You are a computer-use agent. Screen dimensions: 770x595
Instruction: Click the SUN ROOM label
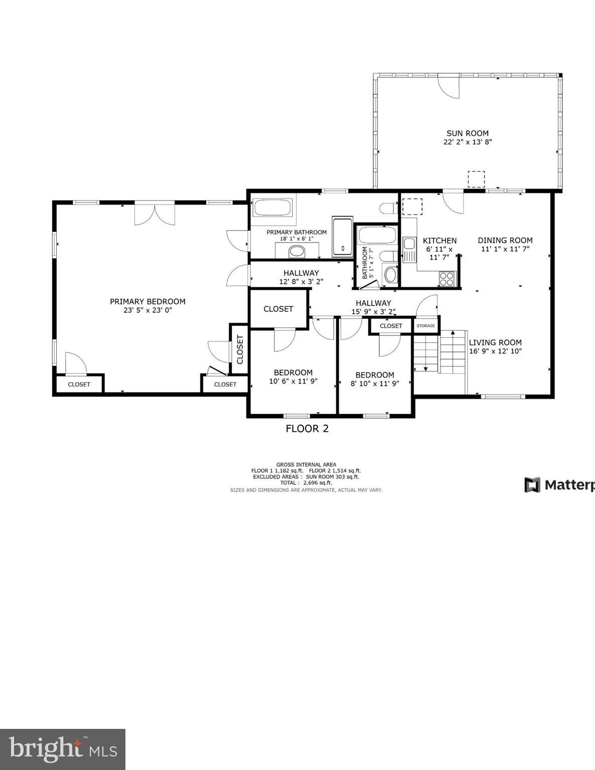coord(467,133)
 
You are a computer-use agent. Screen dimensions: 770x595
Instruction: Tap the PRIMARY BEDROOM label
coord(147,301)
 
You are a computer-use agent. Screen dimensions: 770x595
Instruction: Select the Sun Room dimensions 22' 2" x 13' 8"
coord(467,142)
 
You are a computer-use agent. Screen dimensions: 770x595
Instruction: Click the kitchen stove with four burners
coord(447,278)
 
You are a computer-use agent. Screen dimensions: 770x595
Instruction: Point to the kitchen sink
coord(409,244)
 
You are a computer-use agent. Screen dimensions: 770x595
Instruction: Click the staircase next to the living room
coord(439,352)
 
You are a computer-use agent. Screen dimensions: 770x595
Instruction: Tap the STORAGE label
coord(425,326)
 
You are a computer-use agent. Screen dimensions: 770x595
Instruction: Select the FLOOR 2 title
coord(307,429)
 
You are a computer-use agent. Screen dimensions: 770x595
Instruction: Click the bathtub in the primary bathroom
coord(272,208)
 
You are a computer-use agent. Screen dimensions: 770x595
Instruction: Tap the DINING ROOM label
coord(505,240)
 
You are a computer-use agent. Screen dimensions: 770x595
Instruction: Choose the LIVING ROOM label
coord(495,343)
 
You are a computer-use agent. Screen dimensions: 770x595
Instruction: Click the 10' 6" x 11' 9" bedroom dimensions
coord(293,381)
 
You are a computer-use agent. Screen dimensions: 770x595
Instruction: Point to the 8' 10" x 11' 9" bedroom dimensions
coord(375,383)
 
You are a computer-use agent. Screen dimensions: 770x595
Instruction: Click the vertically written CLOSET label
coord(240,349)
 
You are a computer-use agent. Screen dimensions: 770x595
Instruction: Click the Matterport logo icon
coord(532,485)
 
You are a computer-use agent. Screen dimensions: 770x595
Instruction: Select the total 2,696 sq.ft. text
coord(306,483)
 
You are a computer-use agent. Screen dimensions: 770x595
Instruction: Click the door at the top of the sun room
coord(448,87)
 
